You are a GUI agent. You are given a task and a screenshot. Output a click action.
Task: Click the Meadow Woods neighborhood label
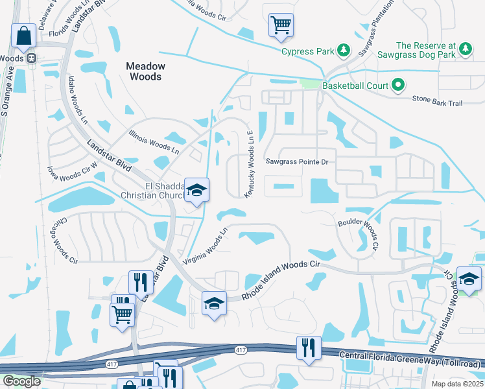click(x=145, y=71)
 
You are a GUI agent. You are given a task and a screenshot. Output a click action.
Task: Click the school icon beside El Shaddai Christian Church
click(x=196, y=191)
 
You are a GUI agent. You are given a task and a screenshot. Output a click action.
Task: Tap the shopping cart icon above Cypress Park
click(x=281, y=25)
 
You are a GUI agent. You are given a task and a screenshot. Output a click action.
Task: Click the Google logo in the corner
click(x=21, y=381)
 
